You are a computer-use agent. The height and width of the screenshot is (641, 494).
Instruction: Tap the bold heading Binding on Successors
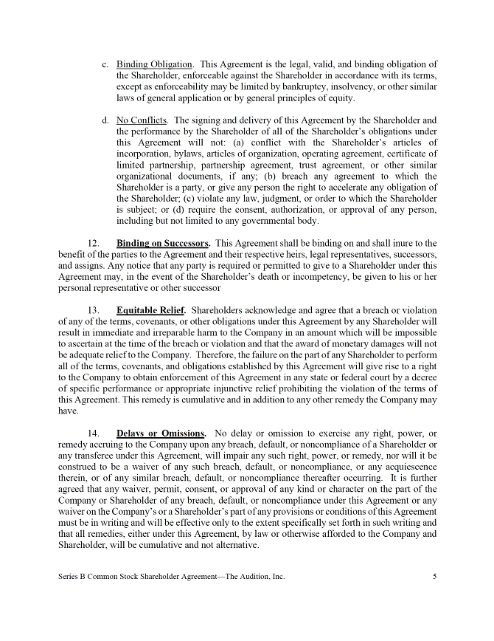point(163,243)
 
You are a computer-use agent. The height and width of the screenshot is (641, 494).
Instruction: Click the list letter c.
point(105,64)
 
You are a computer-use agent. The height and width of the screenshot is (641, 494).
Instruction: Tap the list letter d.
point(105,120)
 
